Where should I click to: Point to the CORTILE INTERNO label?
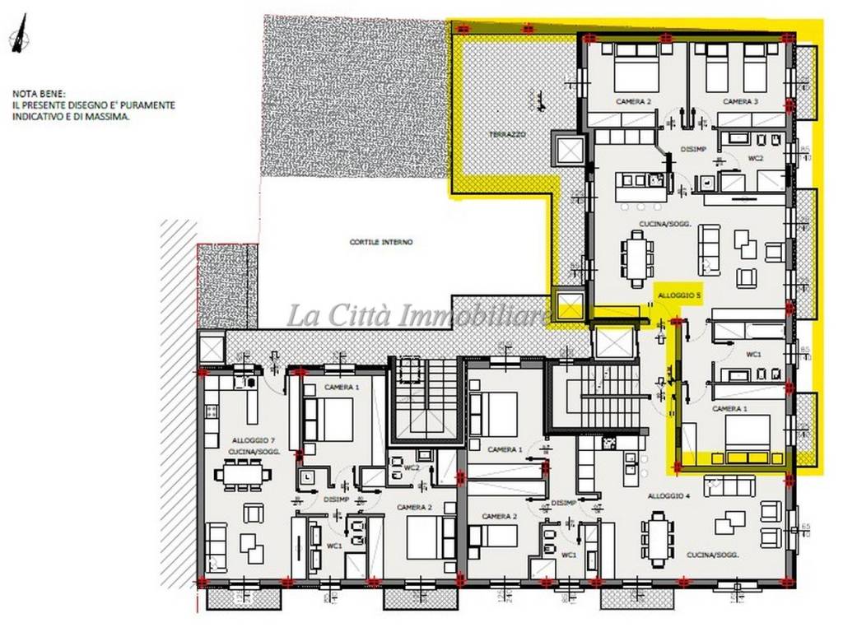coord(380,242)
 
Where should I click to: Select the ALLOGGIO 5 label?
coord(679,295)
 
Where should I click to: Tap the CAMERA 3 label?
coord(740,101)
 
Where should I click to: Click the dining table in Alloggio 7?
coord(242,474)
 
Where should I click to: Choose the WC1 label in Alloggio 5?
coord(753,354)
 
